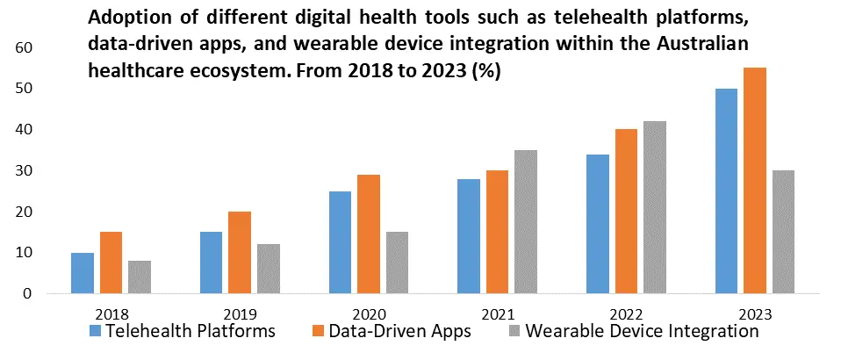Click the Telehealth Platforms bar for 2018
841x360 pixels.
click(x=82, y=273)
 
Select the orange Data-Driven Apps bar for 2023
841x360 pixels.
click(x=755, y=181)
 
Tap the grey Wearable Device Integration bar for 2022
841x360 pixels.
click(x=655, y=207)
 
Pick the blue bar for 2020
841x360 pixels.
click(x=340, y=242)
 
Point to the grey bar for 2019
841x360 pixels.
click(x=268, y=269)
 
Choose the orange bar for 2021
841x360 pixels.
click(x=498, y=232)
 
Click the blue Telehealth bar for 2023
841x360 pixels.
click(x=726, y=191)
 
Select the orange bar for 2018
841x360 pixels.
click(x=111, y=263)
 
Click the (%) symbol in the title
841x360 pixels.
click(x=485, y=72)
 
